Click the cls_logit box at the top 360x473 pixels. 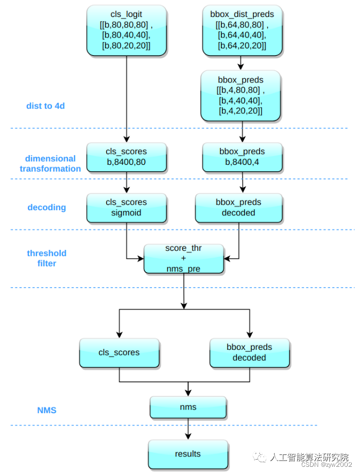tap(127, 30)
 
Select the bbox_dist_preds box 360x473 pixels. tap(242, 30)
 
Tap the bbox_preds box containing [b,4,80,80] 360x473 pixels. tap(241, 96)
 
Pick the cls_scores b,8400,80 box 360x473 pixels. tap(127, 157)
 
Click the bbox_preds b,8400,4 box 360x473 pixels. tap(242, 157)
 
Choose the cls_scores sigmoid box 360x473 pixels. tap(127, 208)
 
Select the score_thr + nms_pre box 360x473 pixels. tap(183, 259)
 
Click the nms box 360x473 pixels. tap(188, 407)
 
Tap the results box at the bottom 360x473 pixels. tap(188, 454)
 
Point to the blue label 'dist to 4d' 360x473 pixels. tap(45, 106)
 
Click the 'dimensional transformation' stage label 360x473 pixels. tap(50, 163)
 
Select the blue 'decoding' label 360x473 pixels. tap(46, 207)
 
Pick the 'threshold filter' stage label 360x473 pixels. tap(46, 258)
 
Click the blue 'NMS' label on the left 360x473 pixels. tap(46, 411)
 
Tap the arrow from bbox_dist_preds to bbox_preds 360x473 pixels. tap(241, 63)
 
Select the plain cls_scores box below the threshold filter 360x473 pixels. tap(119, 352)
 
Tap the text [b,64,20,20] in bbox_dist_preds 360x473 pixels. tap(242, 46)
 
